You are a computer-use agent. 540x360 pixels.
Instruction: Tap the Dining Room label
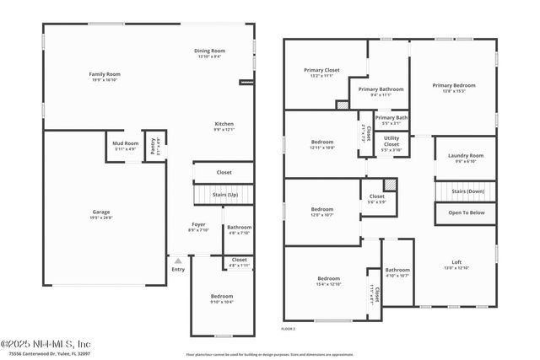(x=209, y=53)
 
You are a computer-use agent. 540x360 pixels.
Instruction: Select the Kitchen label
(x=224, y=127)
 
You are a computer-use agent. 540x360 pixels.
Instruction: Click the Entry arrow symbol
(x=177, y=261)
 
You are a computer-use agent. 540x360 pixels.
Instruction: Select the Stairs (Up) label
(x=224, y=194)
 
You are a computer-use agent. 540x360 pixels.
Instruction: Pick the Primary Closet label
(x=321, y=72)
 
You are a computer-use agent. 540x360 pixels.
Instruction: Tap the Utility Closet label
(x=391, y=141)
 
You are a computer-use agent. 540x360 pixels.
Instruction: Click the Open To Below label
(x=465, y=212)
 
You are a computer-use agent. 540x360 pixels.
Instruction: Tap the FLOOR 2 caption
(x=289, y=327)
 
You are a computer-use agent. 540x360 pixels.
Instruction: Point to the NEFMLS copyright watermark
(x=46, y=344)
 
